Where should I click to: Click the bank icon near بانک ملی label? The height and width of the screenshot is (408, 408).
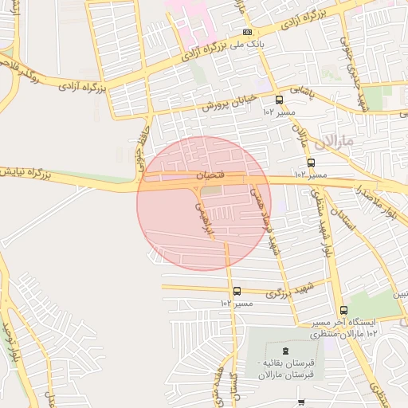[x=248, y=33]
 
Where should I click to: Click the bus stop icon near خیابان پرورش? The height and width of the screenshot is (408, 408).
[x=279, y=100]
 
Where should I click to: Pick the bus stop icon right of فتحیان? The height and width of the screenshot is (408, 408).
[x=311, y=163]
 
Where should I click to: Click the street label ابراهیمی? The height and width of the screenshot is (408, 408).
[x=204, y=216]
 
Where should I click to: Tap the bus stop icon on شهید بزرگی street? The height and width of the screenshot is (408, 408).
[x=237, y=292]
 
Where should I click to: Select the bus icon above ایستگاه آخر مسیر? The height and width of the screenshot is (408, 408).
[x=343, y=310]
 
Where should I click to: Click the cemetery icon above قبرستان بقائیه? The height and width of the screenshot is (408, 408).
[x=285, y=351]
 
